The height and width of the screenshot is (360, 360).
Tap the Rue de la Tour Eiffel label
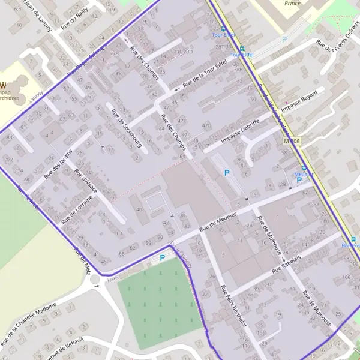204,76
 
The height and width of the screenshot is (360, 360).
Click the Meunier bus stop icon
304,168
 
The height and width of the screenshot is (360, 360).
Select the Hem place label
112,279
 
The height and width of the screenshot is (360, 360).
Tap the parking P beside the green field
161,258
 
